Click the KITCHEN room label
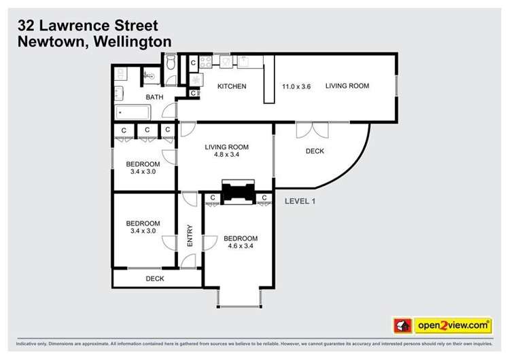(231, 86)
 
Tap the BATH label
(154, 97)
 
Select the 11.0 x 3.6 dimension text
(296, 86)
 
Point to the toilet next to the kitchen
(171, 63)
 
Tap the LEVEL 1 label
(300, 201)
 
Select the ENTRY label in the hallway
(190, 235)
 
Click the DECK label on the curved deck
(315, 151)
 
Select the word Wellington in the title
(129, 41)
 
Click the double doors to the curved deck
(313, 129)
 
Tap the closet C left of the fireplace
(213, 198)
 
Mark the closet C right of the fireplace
(263, 198)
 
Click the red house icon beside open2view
(403, 326)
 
